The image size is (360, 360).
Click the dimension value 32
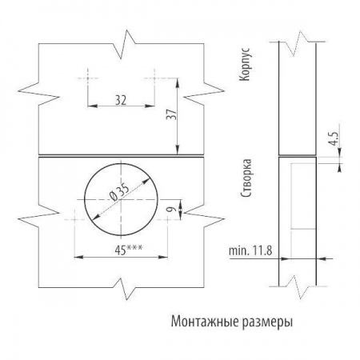tap(121, 100)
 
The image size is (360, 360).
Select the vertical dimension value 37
tap(172, 114)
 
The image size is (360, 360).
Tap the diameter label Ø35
tap(119, 192)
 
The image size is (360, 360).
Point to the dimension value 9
tap(173, 209)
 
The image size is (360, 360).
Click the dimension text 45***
tap(129, 250)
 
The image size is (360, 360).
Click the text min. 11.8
tap(250, 251)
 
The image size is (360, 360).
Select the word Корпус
tap(245, 64)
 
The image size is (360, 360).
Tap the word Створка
tap(246, 178)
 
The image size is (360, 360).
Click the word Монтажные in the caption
tap(205, 322)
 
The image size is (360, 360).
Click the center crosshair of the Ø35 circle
tap(121, 199)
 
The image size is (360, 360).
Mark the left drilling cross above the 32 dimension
tap(87, 78)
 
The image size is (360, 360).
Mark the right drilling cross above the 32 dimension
tap(154, 78)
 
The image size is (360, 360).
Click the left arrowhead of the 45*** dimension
tap(78, 257)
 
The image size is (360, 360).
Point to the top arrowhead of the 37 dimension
tap(178, 82)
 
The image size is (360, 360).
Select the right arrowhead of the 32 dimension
tap(150, 106)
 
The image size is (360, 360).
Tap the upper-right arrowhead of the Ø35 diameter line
tap(146, 182)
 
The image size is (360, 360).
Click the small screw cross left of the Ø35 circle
tap(74, 219)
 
